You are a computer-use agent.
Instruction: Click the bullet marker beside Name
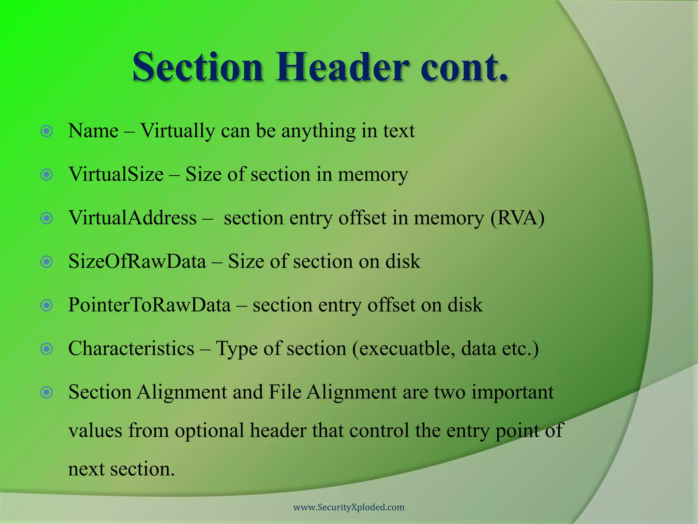click(x=47, y=131)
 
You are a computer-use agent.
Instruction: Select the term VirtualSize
click(x=116, y=174)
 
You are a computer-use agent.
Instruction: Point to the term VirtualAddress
click(x=133, y=218)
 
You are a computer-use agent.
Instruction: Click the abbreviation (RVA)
click(x=517, y=218)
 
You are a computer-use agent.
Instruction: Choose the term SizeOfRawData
click(x=137, y=262)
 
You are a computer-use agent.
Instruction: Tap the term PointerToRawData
click(x=149, y=305)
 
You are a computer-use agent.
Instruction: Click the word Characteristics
click(x=131, y=349)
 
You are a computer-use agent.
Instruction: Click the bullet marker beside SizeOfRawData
click(x=47, y=262)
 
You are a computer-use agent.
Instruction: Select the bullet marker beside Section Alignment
click(x=47, y=392)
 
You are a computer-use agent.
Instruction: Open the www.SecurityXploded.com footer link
click(x=349, y=507)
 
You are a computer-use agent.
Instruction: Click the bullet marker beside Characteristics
click(x=47, y=349)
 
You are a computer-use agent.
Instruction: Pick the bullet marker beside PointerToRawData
click(x=47, y=305)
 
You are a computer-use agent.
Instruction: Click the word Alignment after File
click(x=351, y=392)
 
